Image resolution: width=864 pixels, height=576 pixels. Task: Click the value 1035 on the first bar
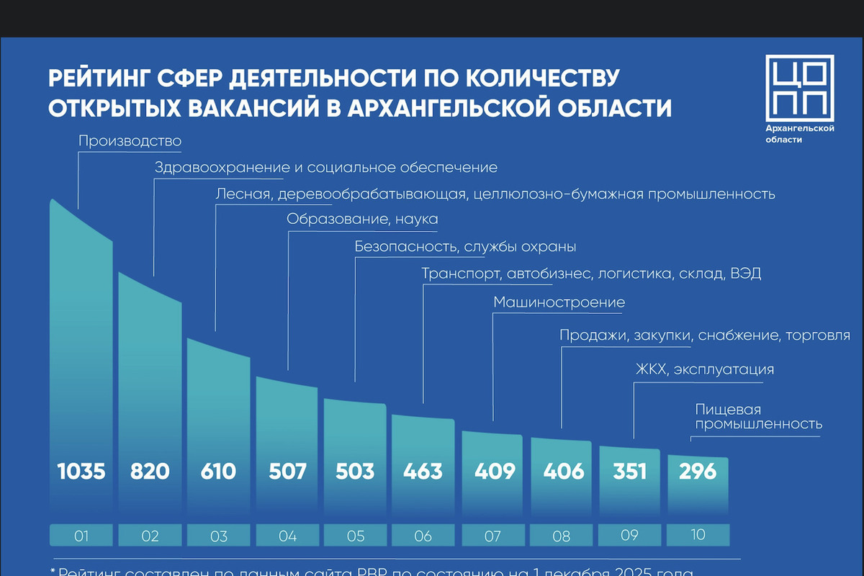(x=81, y=472)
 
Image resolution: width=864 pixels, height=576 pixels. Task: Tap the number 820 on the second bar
(x=150, y=472)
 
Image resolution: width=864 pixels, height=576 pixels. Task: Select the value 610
(x=218, y=472)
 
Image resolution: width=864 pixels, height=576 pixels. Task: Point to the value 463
(x=423, y=472)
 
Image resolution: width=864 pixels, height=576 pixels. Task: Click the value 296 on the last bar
(x=698, y=472)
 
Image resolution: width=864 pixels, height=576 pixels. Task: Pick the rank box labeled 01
(x=81, y=536)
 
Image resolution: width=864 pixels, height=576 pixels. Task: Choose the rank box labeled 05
(x=356, y=536)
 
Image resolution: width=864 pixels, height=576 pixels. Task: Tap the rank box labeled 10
(x=698, y=535)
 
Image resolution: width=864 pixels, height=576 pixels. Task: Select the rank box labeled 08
(x=561, y=536)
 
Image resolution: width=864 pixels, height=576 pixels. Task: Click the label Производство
(x=130, y=141)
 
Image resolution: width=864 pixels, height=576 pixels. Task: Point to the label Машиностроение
(x=559, y=302)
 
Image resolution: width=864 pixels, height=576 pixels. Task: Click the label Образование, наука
(x=362, y=219)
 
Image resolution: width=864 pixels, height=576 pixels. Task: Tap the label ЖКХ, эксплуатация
(x=704, y=369)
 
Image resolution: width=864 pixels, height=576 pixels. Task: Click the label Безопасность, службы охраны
(x=465, y=247)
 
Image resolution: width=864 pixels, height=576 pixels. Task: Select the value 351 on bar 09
(x=629, y=472)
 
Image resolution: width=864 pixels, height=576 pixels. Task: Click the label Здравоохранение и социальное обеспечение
(x=326, y=168)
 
